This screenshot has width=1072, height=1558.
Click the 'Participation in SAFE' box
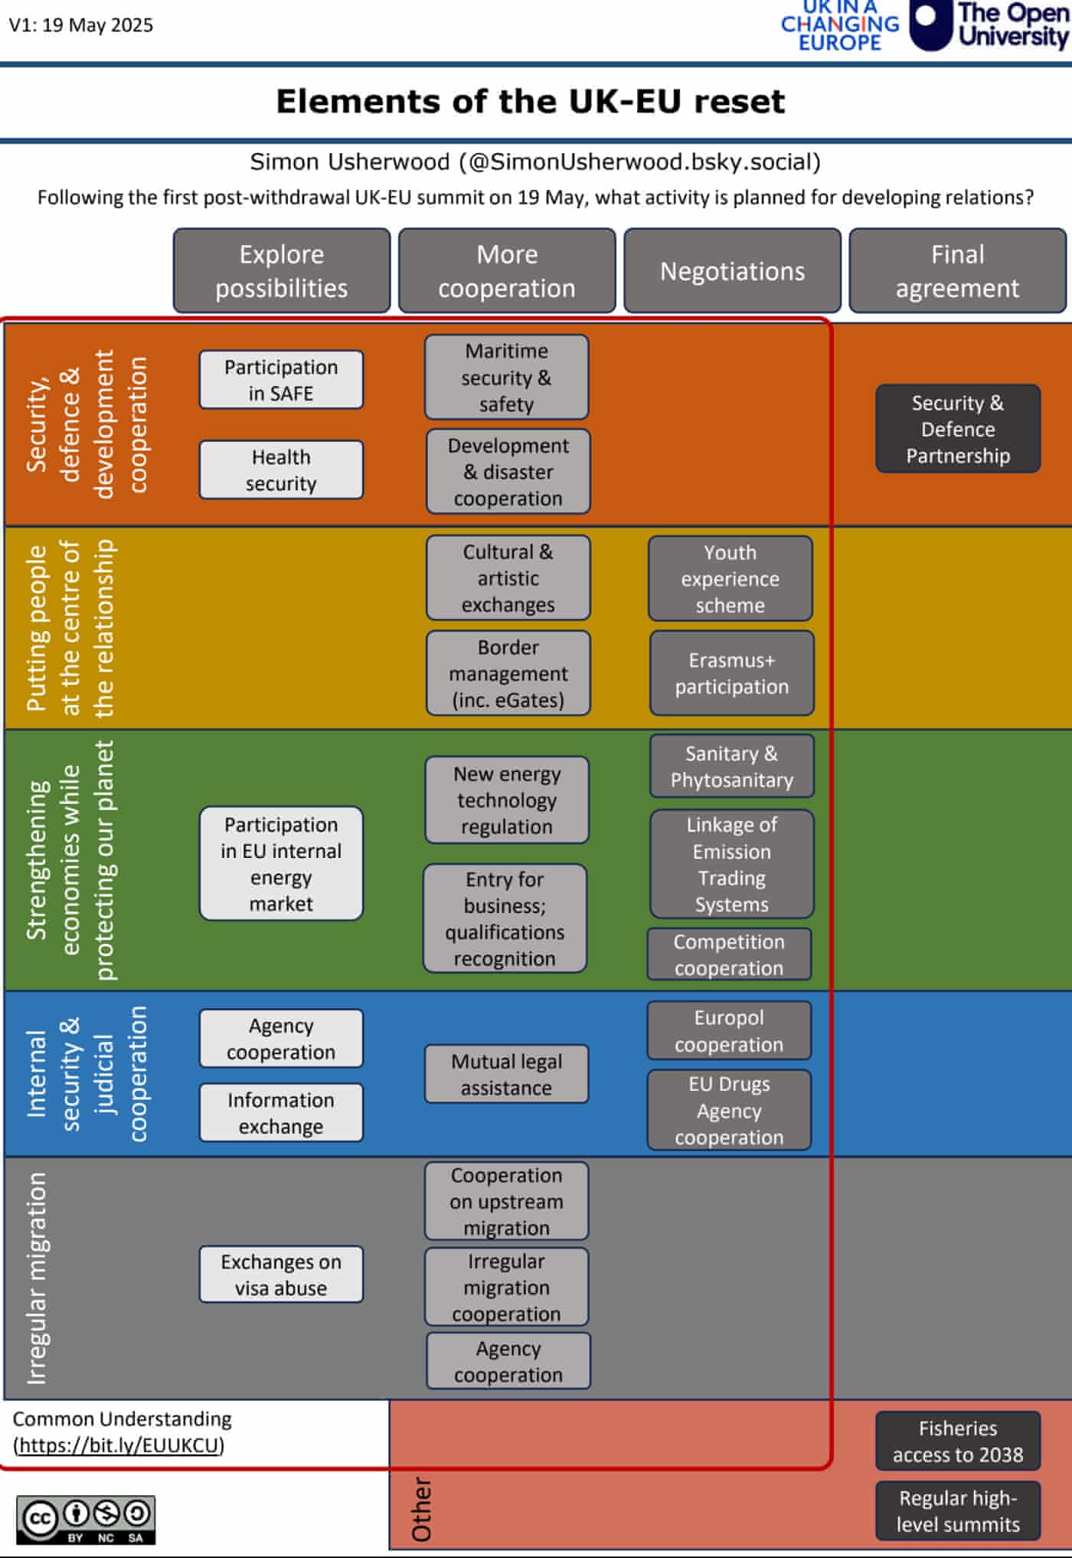click(281, 380)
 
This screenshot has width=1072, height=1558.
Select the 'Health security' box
click(281, 470)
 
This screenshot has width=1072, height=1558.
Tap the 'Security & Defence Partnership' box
click(958, 429)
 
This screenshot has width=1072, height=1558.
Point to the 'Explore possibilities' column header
click(281, 271)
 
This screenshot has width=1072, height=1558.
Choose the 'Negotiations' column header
click(732, 271)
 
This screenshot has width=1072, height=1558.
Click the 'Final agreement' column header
click(957, 271)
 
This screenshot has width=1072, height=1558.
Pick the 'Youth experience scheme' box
click(730, 578)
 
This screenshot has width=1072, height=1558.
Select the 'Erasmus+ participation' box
click(732, 673)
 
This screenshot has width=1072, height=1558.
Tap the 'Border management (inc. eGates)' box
click(508, 673)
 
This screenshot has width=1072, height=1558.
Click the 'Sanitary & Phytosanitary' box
click(732, 766)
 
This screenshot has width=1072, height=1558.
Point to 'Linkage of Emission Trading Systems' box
click(732, 864)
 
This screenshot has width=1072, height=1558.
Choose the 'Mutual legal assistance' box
click(506, 1074)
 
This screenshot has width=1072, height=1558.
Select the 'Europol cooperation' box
click(729, 1030)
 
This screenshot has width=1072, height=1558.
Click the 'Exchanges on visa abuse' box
click(281, 1275)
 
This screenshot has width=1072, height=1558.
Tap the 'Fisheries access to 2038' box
click(958, 1441)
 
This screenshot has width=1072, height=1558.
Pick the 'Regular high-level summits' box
click(958, 1511)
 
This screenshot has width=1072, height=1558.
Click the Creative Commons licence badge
click(86, 1520)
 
